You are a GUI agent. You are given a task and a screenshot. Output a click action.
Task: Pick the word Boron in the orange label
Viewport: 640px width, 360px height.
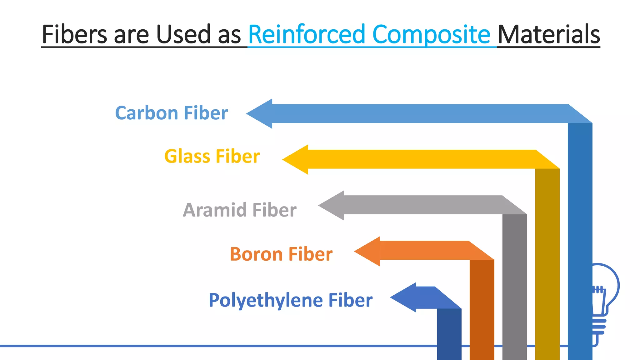point(256,254)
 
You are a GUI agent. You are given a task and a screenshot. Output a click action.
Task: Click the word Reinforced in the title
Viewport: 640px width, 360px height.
point(306,34)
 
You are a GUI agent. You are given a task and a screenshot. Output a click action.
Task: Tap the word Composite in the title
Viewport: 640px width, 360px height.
point(431,34)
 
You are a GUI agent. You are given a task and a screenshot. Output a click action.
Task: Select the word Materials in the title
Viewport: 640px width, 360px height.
point(548,34)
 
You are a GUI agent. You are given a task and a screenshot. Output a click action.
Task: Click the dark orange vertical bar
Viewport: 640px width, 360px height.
point(482,309)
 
